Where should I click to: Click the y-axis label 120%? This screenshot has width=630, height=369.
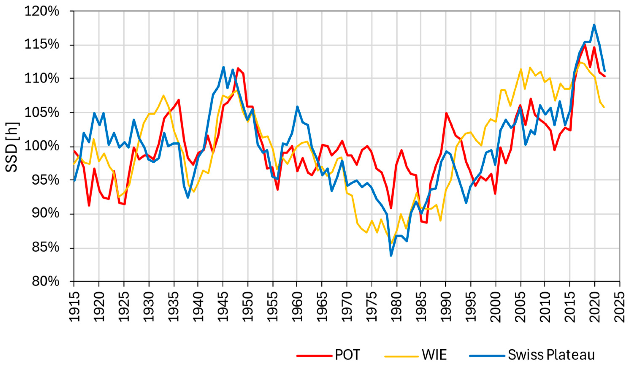[42, 12]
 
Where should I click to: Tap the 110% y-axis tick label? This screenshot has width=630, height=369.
[42, 79]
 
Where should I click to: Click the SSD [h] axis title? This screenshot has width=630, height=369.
[12, 147]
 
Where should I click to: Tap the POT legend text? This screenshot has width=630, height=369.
[347, 355]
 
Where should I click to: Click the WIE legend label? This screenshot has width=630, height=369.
[434, 355]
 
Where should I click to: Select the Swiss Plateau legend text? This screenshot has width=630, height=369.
[551, 355]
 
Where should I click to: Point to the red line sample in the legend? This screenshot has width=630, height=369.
[314, 355]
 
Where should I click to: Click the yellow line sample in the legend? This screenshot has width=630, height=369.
[402, 355]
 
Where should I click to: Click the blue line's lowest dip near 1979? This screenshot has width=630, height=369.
[391, 255]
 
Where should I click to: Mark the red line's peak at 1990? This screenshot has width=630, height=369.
[446, 113]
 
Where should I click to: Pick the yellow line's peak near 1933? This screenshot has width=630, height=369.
[163, 95]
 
